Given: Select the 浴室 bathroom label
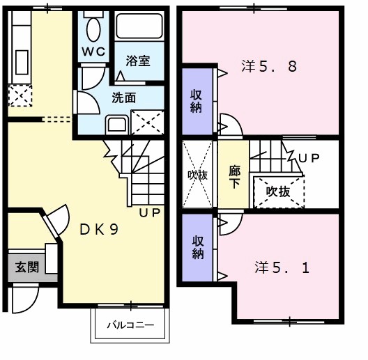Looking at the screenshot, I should tap(137, 61).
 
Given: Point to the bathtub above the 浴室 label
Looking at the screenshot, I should tap(139, 27).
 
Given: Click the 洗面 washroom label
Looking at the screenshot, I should tap(123, 97).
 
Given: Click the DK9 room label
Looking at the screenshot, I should tap(98, 229).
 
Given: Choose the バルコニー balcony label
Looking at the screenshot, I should tap(130, 325).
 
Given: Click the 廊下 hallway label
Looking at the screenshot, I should tap(234, 175).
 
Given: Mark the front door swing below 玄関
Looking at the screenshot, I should tap(26, 299).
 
